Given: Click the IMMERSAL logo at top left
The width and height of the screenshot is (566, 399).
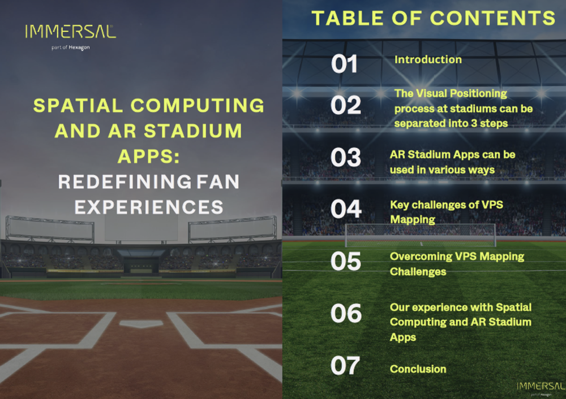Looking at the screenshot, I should tap(70, 32).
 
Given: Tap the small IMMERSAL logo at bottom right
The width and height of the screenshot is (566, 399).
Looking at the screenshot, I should tap(539, 385).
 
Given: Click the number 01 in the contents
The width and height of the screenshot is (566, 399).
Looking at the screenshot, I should tap(345, 64).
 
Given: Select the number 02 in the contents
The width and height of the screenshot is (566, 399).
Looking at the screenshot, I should tap(345, 105).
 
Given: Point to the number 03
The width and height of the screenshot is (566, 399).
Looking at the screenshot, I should tap(346, 158).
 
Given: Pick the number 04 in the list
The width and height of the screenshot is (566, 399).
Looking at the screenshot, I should tap(346, 209).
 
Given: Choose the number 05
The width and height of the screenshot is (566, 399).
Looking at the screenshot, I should tap(346, 261).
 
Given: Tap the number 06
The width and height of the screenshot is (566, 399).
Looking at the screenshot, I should tap(346, 313).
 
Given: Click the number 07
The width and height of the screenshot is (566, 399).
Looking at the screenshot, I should tap(345, 366).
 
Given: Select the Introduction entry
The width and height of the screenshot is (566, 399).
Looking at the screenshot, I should tap(428, 59).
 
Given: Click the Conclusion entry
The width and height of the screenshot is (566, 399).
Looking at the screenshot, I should tap(418, 369).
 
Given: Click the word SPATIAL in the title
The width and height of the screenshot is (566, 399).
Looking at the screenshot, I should tap(78, 106).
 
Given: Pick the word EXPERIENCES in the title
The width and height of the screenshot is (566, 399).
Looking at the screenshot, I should tap(149, 207).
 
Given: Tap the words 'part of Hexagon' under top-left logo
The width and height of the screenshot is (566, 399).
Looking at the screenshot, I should tap(70, 47).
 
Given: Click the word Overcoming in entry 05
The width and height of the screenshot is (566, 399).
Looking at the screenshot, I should tap(421, 257).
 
